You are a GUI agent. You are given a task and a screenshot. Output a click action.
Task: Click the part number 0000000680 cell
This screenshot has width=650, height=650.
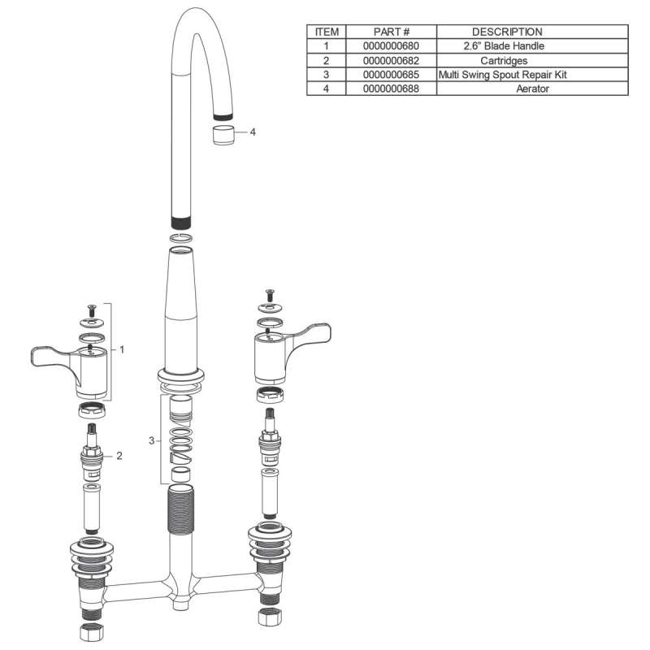click(391, 46)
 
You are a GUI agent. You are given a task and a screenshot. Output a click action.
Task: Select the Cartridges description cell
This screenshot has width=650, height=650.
click(504, 60)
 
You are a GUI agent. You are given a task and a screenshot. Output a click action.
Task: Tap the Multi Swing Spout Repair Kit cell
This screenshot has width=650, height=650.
click(502, 75)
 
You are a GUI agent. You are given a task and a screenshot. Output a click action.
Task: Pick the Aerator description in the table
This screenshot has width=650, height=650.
click(532, 89)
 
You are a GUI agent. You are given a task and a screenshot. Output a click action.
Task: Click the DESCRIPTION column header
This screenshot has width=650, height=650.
click(507, 32)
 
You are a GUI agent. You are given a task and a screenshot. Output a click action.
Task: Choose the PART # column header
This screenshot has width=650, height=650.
click(392, 32)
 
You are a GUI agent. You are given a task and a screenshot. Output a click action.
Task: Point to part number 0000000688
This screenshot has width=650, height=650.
click(391, 89)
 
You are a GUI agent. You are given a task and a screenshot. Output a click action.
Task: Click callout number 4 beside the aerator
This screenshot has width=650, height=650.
click(253, 132)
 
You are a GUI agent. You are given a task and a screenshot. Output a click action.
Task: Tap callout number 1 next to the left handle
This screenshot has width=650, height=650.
click(122, 349)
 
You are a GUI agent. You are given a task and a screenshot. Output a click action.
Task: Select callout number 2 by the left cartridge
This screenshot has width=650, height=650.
click(119, 456)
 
